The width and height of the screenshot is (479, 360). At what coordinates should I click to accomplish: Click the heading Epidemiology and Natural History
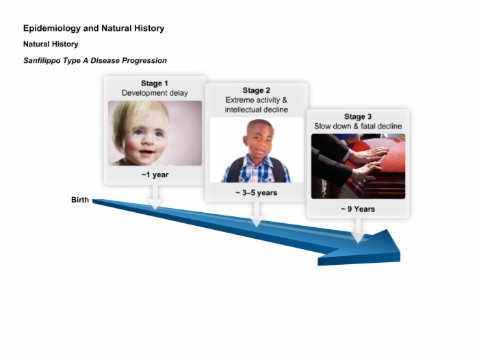[x=94, y=29]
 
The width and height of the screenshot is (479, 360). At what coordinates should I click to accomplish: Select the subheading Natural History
[x=51, y=44]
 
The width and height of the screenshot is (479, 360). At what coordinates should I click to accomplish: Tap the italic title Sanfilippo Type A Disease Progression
[x=95, y=60]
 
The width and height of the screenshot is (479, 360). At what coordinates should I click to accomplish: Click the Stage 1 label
[x=155, y=83]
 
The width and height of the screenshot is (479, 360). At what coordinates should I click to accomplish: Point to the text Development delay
[x=155, y=93]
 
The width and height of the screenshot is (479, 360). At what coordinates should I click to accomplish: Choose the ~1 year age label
[x=155, y=175]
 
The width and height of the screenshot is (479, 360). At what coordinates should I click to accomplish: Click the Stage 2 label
[x=257, y=90]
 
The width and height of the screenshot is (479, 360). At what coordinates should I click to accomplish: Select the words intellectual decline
[x=257, y=110]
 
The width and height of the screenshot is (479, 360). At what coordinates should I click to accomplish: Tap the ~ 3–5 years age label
[x=257, y=193]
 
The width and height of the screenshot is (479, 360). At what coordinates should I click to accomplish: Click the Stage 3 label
[x=358, y=117]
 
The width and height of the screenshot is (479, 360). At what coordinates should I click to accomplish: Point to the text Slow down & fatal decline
[x=358, y=126]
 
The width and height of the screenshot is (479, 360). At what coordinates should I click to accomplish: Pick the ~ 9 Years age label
[x=358, y=209]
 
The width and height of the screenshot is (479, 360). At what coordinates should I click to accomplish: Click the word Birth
[x=80, y=200]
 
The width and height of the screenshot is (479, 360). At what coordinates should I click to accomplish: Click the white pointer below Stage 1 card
[x=155, y=198]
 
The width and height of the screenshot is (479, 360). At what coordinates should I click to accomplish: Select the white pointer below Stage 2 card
[x=257, y=214]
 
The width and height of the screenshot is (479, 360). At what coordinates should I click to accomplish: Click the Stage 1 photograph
[x=155, y=133]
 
